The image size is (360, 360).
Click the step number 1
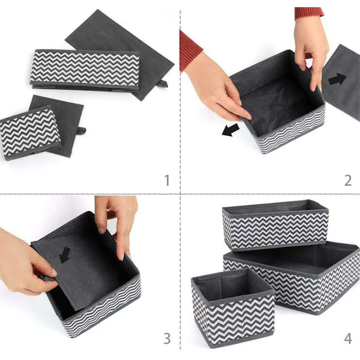(x=167, y=180)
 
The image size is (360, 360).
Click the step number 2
(x=348, y=180)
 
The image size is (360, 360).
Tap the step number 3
(x=167, y=338)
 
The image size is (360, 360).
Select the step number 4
(x=348, y=338)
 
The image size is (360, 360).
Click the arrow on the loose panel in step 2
(x=337, y=79)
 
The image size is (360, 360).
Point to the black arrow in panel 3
(x=65, y=255)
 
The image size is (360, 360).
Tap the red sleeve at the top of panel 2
(x=309, y=12)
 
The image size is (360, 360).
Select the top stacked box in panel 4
(x=275, y=225)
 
